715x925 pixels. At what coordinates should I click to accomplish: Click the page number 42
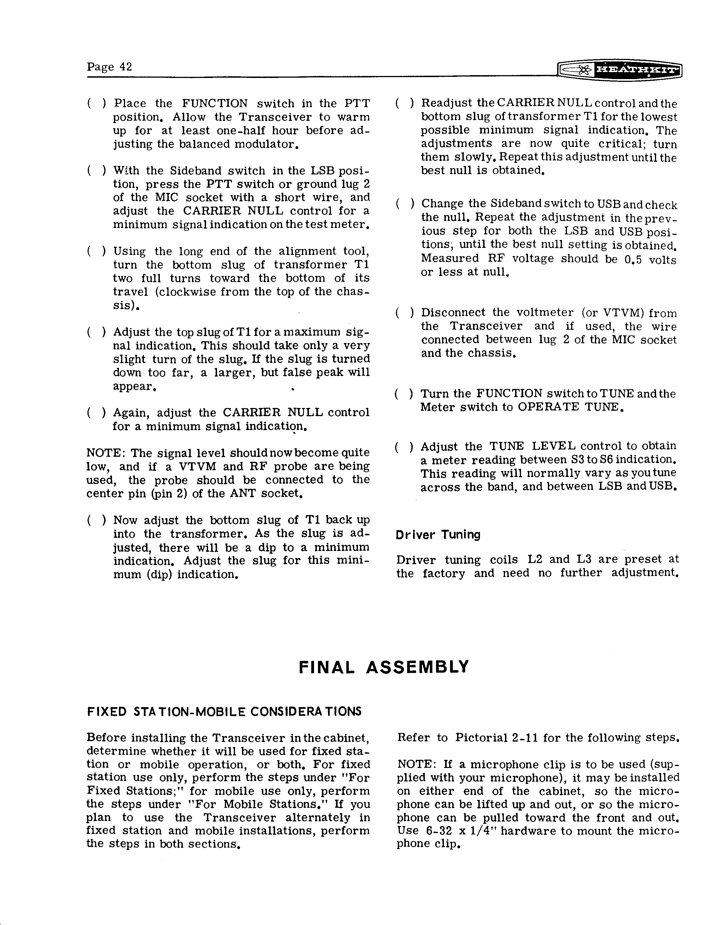[x=125, y=67]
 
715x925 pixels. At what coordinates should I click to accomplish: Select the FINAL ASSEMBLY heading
[x=384, y=667]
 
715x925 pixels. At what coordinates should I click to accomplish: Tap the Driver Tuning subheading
[x=438, y=534]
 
